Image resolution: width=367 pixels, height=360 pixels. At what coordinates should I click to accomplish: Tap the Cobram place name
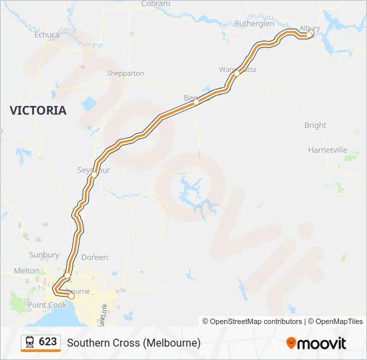point(155,4)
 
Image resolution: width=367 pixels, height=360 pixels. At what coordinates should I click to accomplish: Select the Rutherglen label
point(254,23)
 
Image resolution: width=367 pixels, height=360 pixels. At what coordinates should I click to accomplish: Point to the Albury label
point(310,28)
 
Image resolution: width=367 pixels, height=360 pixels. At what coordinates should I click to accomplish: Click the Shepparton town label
point(125,73)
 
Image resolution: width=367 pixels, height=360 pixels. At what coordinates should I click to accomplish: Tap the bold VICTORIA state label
point(38,110)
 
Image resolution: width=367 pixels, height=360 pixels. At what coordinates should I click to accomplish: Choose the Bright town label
point(315,125)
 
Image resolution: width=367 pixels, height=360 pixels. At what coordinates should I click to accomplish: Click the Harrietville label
point(328,150)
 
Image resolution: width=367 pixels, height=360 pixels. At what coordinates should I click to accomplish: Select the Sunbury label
point(44,255)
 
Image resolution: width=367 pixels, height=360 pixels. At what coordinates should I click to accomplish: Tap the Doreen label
point(94,257)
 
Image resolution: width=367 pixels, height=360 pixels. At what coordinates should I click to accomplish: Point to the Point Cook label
point(47,305)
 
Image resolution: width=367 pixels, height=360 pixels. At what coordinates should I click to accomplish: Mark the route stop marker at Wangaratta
point(236,75)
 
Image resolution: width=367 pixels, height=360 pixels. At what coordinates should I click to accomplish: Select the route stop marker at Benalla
point(196,103)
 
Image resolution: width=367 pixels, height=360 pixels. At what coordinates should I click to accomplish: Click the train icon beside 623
point(30,342)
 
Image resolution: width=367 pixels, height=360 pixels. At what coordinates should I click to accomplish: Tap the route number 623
point(48,342)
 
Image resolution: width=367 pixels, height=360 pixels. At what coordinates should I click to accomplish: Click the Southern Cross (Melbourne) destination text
point(133,343)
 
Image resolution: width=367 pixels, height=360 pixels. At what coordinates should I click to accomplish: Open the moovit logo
point(316,343)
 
